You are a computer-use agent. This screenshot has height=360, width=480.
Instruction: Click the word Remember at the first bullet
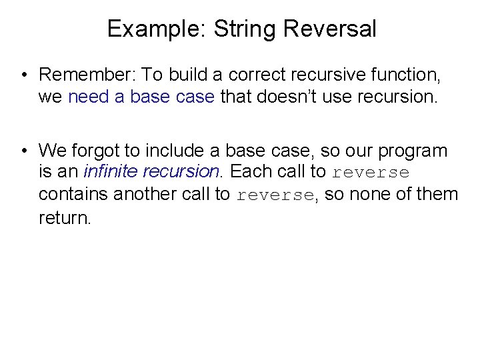tap(86, 74)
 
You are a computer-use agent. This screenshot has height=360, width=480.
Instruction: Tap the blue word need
tap(89, 97)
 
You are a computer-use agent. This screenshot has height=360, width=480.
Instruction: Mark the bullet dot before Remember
tap(24, 75)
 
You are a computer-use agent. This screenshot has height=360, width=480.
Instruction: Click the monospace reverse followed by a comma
tap(275, 195)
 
